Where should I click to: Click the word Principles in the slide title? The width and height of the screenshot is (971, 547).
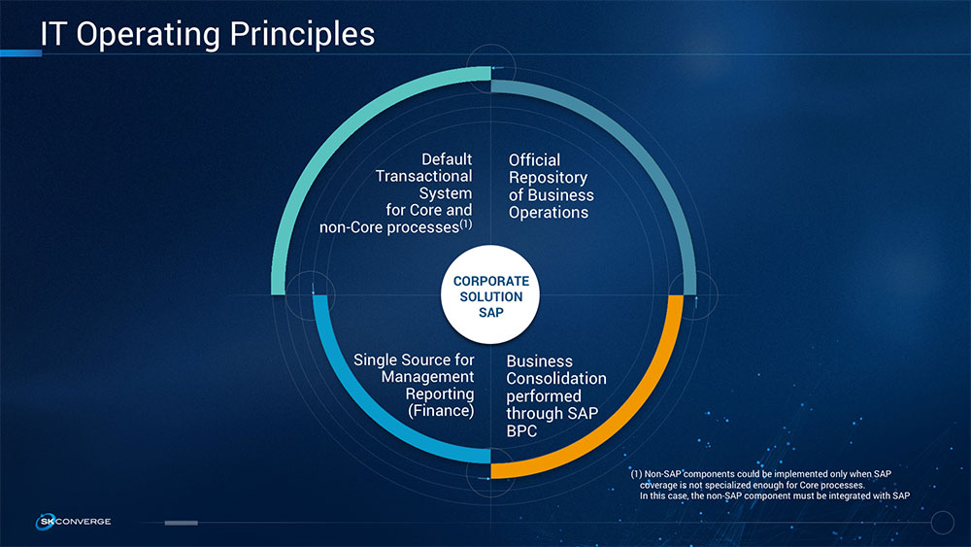point(302,35)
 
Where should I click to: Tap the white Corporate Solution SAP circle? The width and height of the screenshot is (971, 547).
point(490,294)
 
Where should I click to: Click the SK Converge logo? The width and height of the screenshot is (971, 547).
point(73,522)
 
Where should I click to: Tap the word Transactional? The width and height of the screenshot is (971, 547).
point(423,177)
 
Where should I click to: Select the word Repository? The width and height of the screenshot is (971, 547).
point(548,178)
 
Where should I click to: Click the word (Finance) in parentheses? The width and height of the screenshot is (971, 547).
point(441,411)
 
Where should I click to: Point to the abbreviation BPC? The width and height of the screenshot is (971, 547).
point(521,431)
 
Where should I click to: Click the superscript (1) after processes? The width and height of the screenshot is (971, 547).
point(466,223)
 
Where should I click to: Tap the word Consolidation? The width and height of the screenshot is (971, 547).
point(556,379)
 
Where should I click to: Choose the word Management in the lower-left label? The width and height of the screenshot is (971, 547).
point(427,377)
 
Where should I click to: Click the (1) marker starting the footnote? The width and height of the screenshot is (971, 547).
point(637,474)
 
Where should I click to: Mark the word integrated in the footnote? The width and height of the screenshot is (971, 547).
point(850,496)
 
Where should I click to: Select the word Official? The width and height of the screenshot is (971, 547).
point(534,160)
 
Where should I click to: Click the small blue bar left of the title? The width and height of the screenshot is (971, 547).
point(21,53)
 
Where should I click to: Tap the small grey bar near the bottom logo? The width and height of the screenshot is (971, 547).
point(181,523)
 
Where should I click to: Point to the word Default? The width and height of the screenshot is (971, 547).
point(447,159)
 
